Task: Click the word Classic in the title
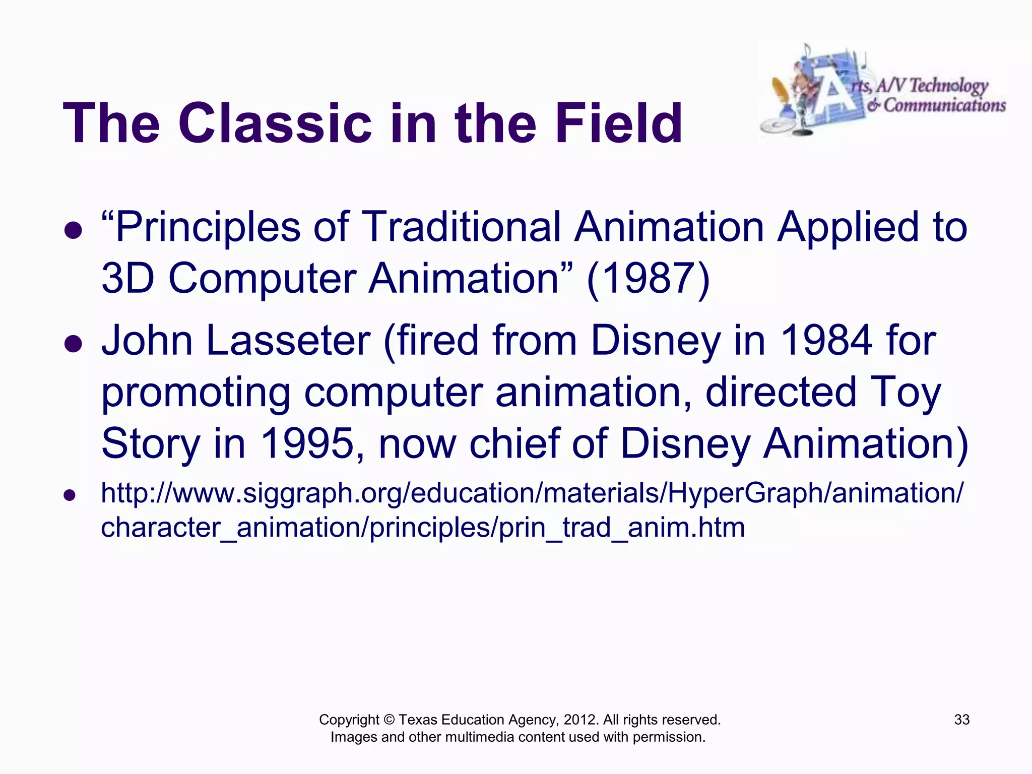point(274,124)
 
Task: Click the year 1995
point(307,444)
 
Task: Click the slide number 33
point(961,720)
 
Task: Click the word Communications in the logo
point(944,105)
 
